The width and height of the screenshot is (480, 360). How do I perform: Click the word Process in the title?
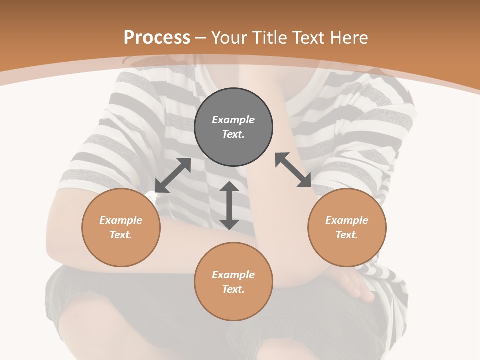click(157, 38)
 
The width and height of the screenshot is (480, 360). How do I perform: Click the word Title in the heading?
click(268, 38)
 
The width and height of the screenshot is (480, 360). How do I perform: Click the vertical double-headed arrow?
click(229, 205)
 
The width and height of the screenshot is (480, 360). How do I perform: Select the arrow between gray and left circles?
click(173, 175)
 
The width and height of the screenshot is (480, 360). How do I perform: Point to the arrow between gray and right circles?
click(293, 170)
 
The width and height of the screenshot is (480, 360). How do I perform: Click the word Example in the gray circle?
click(233, 120)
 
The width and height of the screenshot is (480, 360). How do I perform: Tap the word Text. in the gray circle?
click(233, 134)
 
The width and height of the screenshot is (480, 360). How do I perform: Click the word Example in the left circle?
click(121, 220)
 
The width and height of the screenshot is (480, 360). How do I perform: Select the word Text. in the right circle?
click(347, 235)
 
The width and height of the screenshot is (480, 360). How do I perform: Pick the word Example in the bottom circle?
click(233, 275)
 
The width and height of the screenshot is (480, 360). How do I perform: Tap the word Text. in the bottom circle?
click(233, 289)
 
